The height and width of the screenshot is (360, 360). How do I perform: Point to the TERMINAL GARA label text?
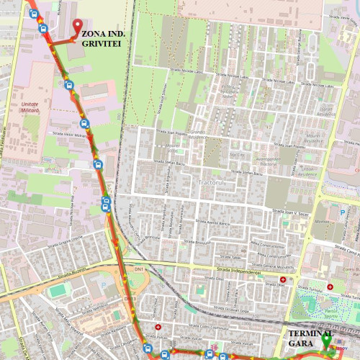coord(311,339)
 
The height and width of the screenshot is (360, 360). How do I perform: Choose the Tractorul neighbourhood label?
coord(212,184)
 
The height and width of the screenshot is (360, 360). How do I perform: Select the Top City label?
coord(236,156)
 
